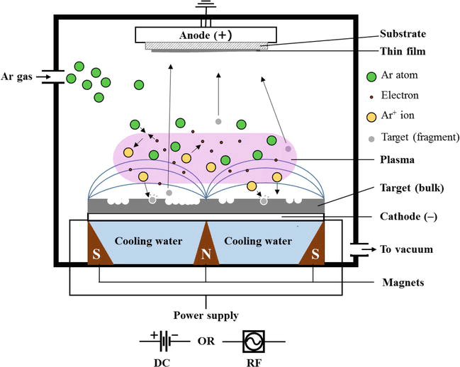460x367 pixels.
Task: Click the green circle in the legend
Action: coord(371,77)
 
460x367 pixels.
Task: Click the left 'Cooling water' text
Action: coord(150,241)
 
